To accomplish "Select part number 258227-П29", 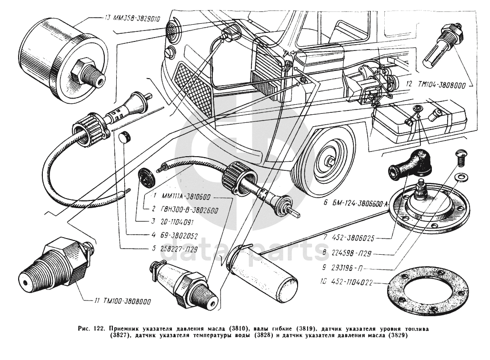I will (x=173, y=247).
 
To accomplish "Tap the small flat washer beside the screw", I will (x=460, y=178).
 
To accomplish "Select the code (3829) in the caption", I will (x=397, y=335).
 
